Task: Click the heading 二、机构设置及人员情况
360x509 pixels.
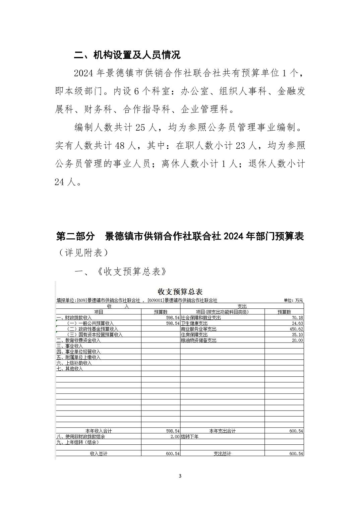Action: tap(127, 55)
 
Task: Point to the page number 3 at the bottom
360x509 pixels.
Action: tap(180, 476)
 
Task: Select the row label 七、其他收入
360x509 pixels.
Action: tap(69, 369)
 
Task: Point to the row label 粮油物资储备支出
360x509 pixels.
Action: tap(198, 340)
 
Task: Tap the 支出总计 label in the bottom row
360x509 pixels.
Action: tap(222, 453)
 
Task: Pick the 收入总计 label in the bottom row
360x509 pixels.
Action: tap(99, 453)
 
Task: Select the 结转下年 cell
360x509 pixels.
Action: tap(190, 437)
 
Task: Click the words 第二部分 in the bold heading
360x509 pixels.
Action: tap(75, 236)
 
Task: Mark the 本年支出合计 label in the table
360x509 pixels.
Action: tap(222, 431)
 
